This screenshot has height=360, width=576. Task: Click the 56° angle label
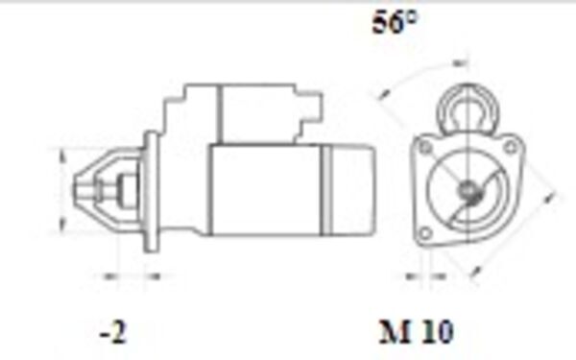click(395, 23)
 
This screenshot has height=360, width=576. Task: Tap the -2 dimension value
click(112, 332)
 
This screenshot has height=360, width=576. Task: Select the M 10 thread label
click(415, 332)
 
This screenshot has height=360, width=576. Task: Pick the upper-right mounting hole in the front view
click(511, 146)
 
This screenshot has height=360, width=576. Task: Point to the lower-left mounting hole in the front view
click(423, 234)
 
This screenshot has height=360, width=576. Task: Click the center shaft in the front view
click(468, 191)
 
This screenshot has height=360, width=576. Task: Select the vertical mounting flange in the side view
click(152, 192)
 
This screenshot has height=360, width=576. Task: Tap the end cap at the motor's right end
click(353, 189)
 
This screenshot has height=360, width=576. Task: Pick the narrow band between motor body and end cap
click(325, 189)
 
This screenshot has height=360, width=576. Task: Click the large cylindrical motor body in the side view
click(264, 189)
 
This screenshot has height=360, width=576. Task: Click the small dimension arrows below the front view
click(419, 276)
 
